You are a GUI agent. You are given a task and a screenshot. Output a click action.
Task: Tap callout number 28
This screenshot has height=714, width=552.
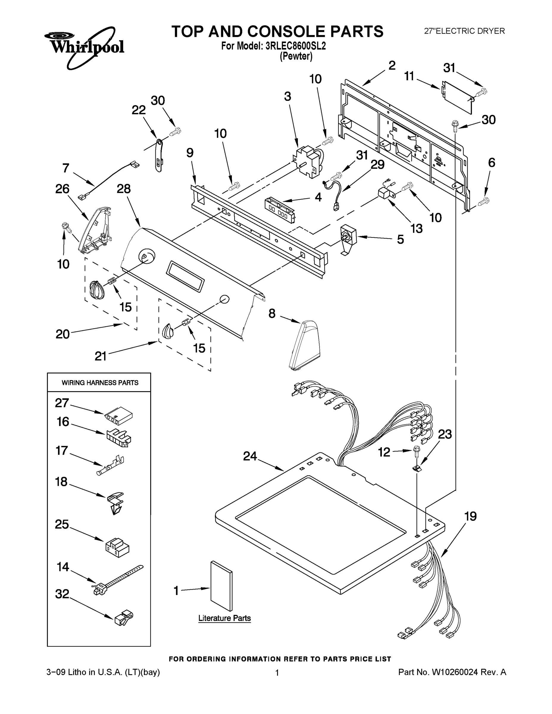coord(123,189)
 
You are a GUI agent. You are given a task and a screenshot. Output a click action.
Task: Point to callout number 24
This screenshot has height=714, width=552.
coord(250,456)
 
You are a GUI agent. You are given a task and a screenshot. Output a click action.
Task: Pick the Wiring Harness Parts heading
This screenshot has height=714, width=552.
coord(100,383)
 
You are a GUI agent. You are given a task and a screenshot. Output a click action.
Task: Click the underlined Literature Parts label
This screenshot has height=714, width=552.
coord(224,618)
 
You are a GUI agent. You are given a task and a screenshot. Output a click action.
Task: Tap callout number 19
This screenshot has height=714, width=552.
coord(470,516)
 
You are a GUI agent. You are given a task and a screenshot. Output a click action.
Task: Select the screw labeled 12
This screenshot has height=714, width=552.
coord(416,452)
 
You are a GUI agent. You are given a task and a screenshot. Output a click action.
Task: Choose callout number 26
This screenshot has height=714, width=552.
coord(62,189)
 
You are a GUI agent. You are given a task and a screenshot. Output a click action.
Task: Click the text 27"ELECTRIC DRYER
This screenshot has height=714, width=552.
coord(464,31)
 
